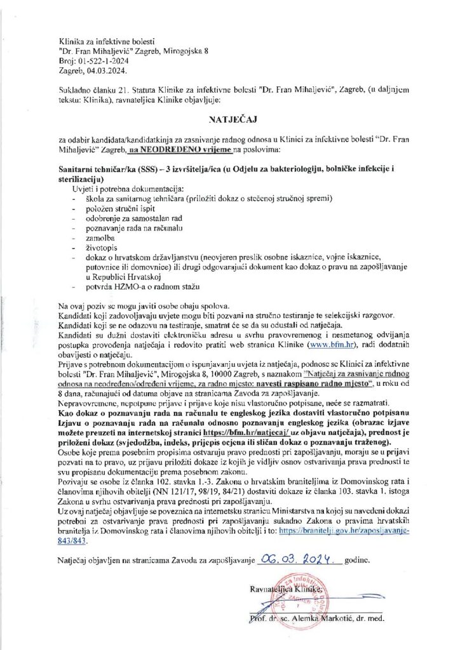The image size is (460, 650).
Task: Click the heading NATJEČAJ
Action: click(231, 119)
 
